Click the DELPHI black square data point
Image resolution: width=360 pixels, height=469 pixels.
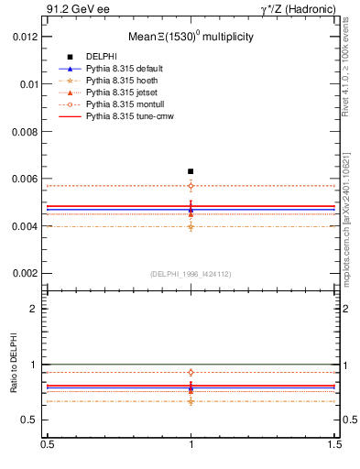tap(191, 171)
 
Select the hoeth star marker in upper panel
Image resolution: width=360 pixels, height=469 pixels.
tap(191, 226)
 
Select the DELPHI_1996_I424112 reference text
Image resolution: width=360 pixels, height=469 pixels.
tap(190, 273)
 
